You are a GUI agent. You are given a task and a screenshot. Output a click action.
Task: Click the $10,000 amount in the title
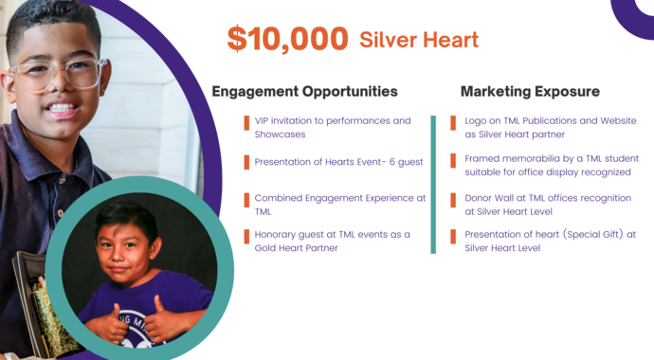coord(287,39)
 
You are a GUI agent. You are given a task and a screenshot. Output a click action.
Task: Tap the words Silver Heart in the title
coord(418,40)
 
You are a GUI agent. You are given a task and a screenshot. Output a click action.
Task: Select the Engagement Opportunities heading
coord(304,92)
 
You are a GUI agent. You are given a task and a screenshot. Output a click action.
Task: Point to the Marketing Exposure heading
coord(530,92)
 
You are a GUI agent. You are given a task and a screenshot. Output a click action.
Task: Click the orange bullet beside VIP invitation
coord(245,121)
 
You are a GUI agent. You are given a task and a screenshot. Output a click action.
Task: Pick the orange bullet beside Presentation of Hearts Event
coord(245,162)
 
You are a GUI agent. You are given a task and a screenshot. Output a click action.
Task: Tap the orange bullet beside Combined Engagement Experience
coord(245,199)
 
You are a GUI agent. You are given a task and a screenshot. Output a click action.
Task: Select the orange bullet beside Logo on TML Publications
coord(456,121)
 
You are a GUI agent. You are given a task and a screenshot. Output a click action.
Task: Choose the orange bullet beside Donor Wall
coord(456,199)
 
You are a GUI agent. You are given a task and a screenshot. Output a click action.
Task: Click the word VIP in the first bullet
coord(263,121)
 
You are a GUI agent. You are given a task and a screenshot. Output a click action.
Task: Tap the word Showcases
coord(279,135)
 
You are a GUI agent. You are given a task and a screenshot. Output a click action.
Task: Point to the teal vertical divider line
coord(433,185)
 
